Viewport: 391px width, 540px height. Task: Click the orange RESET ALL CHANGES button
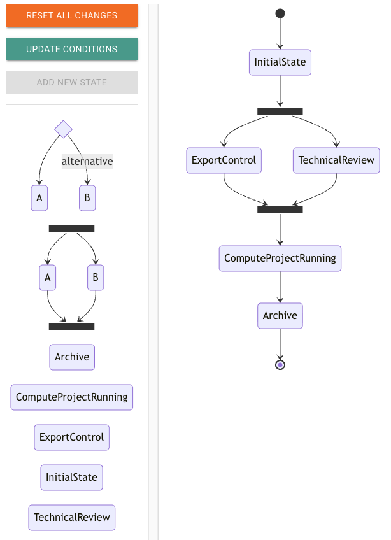coord(72,15)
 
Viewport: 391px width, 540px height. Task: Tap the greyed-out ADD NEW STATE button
coord(72,82)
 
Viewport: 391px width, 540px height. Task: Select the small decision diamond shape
coord(63,129)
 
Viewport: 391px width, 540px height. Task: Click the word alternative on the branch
coord(87,162)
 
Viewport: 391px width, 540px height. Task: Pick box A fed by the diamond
coord(39,198)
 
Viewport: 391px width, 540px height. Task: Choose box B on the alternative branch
coord(87,198)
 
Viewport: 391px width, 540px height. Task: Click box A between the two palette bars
coord(48,278)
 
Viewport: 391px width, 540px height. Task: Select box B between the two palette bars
coord(96,278)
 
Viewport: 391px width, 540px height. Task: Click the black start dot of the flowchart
coord(280,13)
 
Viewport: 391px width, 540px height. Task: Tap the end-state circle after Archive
coord(280,365)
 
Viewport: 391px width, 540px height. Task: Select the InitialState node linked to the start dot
coord(280,62)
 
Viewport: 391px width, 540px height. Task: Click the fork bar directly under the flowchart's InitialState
coord(280,111)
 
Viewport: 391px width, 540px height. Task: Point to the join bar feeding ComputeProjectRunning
coord(280,210)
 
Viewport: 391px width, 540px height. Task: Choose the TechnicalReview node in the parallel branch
coord(336,160)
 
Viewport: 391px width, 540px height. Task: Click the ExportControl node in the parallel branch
coord(224,160)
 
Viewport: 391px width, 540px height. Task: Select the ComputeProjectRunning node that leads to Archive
coord(280,259)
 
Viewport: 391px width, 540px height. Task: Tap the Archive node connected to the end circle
coord(280,316)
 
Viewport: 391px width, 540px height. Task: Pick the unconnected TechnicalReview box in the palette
coord(72,518)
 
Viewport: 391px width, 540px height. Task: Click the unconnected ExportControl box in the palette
coord(72,437)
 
